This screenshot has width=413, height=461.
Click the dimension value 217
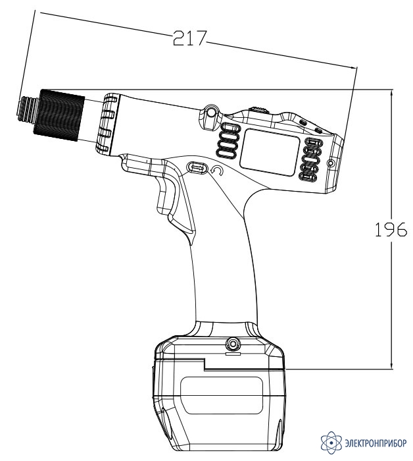tap(189, 38)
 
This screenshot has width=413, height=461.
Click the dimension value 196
tap(391, 229)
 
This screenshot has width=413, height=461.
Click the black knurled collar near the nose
tap(59, 115)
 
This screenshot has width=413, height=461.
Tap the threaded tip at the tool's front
tap(28, 109)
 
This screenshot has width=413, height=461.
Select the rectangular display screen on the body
tap(270, 152)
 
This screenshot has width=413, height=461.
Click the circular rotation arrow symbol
tap(217, 171)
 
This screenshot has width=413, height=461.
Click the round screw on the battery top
tap(233, 343)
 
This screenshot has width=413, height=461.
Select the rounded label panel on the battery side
tap(222, 395)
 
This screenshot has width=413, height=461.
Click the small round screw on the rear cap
tap(331, 163)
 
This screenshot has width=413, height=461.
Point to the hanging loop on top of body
tap(210, 113)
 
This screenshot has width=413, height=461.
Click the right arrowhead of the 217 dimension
tap(353, 67)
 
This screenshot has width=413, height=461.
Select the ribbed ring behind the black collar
tap(107, 124)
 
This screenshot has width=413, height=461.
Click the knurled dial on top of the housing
tap(258, 109)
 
